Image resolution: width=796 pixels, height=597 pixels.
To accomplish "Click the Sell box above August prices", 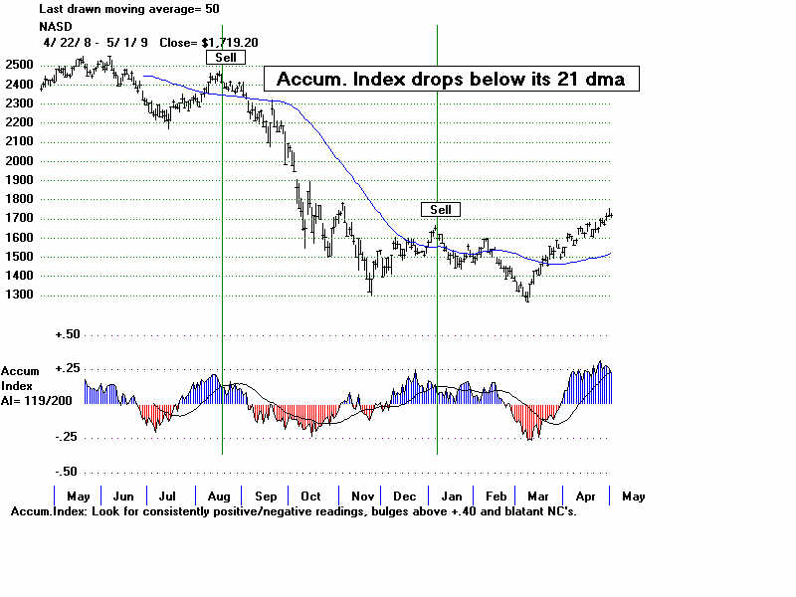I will click(226, 57).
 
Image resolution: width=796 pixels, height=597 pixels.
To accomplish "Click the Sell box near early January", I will click(441, 209).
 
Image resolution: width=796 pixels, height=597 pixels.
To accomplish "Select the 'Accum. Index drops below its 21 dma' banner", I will click(450, 79).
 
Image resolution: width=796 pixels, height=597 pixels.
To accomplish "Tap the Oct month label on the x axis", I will click(310, 496).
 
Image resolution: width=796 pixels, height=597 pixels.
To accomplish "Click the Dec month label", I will click(405, 496).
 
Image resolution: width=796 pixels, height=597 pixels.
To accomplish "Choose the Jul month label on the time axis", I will click(169, 496).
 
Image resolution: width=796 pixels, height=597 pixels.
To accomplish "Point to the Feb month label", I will click(497, 496).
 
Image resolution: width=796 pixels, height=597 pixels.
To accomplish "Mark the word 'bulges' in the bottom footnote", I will click(398, 511).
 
